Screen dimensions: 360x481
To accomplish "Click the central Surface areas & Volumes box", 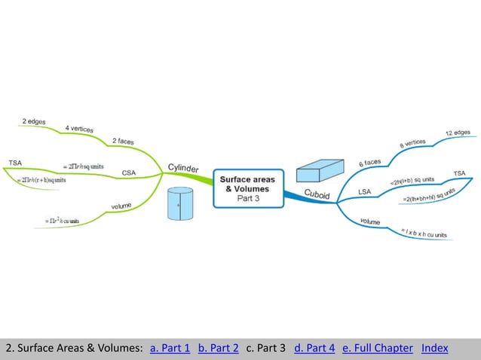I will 247,188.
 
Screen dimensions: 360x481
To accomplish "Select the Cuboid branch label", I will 317,194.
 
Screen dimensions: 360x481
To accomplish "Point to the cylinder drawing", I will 180,204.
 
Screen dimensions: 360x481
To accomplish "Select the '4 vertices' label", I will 79,129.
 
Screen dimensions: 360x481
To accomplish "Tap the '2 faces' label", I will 124,141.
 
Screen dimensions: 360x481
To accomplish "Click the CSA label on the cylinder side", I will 129,172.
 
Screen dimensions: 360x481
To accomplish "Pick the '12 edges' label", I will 458,133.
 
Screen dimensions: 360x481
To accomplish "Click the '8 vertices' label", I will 412,142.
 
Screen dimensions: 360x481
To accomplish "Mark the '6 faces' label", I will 369,161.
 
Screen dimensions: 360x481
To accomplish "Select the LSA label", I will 364,192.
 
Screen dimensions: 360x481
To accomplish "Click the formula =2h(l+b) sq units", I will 412,181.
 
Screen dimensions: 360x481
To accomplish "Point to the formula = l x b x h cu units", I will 424,233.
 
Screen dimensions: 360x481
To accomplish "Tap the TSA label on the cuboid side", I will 459,173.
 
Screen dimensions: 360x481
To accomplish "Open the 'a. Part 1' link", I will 170,348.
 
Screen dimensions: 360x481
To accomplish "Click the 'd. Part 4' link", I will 314,348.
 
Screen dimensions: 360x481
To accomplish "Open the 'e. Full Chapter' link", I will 378,348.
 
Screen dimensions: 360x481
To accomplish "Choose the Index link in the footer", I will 435,348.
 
